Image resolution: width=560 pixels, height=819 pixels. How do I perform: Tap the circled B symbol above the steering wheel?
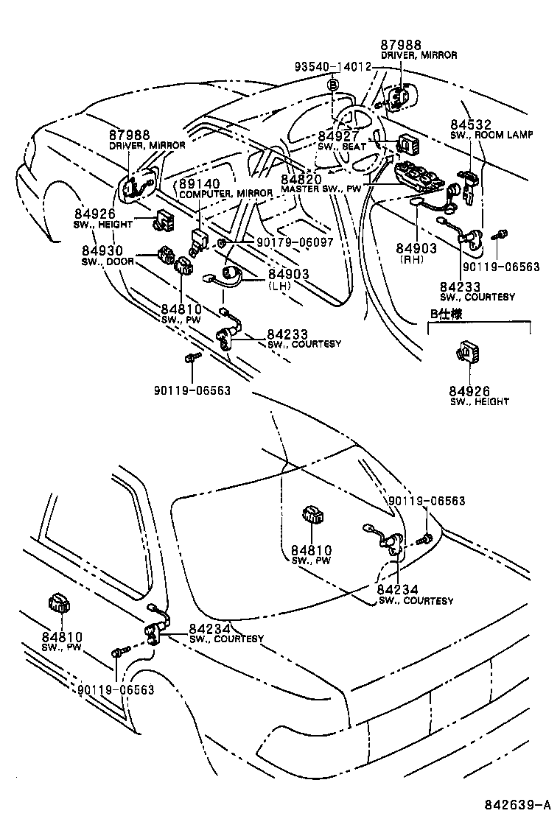click(333, 86)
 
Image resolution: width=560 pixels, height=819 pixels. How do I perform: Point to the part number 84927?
click(338, 136)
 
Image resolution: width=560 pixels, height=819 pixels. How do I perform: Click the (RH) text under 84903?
click(416, 259)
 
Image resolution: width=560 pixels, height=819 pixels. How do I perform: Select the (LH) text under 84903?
click(279, 285)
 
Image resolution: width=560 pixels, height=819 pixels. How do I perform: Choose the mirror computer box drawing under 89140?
click(199, 236)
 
